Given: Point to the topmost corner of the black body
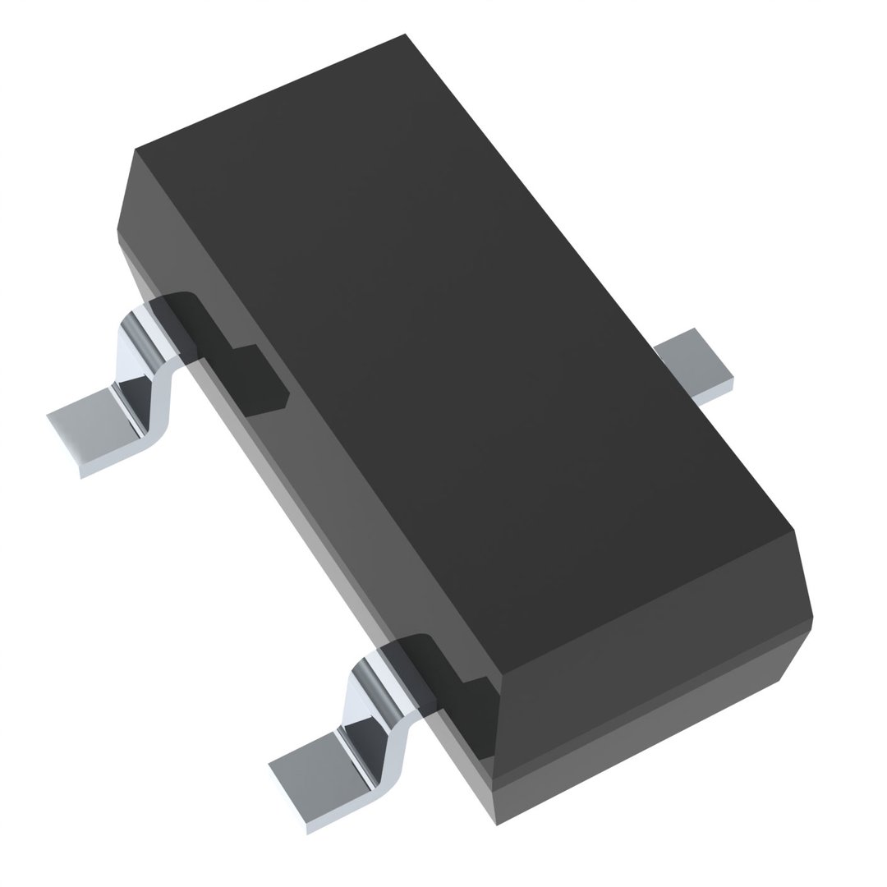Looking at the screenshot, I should click(x=405, y=34).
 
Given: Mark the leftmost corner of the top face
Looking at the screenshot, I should click(x=135, y=149).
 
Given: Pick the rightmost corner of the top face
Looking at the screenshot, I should click(x=793, y=530).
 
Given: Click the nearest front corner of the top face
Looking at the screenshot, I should click(x=502, y=674).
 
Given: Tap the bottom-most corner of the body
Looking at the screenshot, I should click(x=496, y=825).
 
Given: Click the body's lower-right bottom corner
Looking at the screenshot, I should click(x=779, y=680).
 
